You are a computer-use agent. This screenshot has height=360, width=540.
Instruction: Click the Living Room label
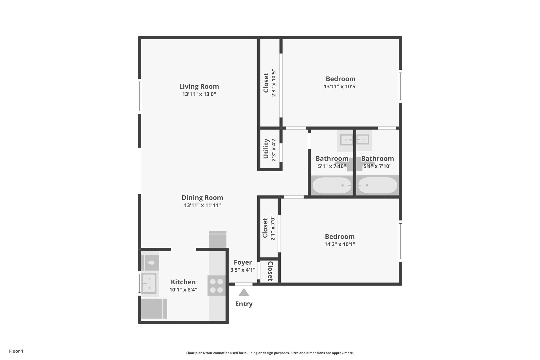tap(199, 86)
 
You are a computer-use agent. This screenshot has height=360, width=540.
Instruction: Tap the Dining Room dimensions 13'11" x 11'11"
tap(202, 205)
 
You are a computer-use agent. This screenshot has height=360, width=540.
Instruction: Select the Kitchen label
tap(183, 282)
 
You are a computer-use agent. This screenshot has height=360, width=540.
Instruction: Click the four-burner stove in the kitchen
tap(217, 286)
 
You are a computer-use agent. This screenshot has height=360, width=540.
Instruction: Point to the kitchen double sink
tap(149, 283)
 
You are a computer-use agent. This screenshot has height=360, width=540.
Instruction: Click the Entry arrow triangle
tap(244, 293)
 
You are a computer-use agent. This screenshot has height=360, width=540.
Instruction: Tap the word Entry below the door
tap(244, 304)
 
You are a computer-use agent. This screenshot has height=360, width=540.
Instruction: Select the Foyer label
tap(243, 262)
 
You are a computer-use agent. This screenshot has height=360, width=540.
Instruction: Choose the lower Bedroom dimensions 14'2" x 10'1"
tap(340, 244)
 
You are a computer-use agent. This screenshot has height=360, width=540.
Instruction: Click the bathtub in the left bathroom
tap(332, 185)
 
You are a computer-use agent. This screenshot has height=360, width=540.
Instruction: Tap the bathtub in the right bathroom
tap(377, 185)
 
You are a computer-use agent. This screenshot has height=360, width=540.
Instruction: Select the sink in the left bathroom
tap(346, 139)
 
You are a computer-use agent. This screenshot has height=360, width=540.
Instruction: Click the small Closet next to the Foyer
tap(269, 271)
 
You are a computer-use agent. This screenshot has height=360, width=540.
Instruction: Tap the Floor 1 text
tap(16, 351)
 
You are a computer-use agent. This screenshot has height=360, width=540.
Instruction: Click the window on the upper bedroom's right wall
tap(400, 86)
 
